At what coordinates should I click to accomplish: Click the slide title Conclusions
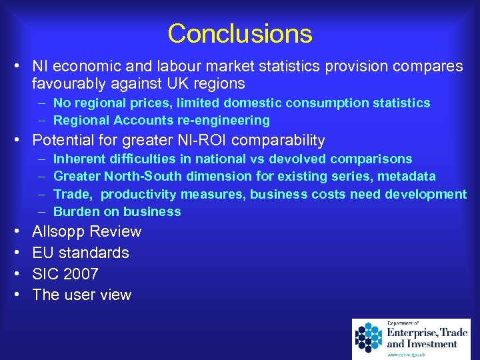coord(240,33)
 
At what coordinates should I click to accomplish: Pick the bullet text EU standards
coord(81,253)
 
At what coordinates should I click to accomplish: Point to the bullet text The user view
coord(82,295)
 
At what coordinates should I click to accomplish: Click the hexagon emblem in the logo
coord(368,337)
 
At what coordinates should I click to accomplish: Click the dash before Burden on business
coord(41,212)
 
